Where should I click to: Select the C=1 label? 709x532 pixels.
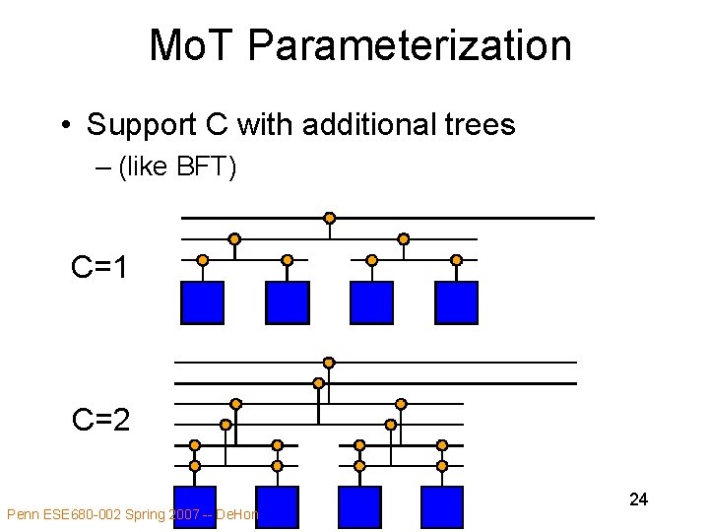point(100,267)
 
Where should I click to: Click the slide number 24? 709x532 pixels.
point(638,499)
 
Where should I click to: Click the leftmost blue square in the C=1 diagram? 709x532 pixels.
point(202,302)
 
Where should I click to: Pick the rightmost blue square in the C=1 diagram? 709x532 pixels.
point(456,302)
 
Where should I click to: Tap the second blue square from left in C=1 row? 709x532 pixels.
point(287,302)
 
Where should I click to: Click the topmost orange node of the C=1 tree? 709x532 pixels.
point(330,218)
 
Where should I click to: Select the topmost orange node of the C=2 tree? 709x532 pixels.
point(329,363)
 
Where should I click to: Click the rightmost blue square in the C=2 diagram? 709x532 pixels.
point(441,507)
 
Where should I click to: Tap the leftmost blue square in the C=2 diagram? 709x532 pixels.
point(194,507)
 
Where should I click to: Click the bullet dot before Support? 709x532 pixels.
point(64,126)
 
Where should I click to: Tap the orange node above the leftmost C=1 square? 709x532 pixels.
point(202,260)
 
